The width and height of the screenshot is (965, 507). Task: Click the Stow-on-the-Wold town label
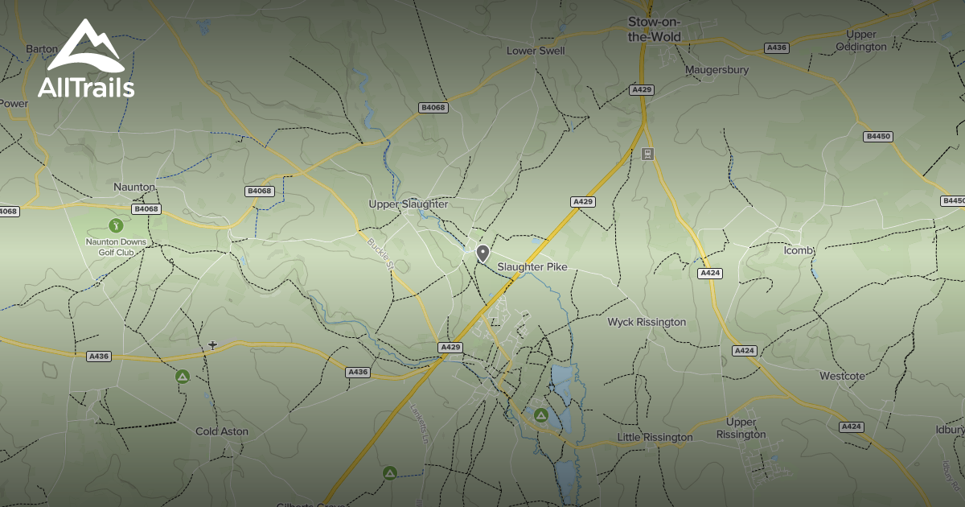point(654,31)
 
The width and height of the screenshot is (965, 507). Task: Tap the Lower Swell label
point(536,51)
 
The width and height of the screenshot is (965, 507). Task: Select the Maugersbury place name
point(717,70)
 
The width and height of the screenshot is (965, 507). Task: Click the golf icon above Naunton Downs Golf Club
point(115,226)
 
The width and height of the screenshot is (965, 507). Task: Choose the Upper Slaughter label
point(408,204)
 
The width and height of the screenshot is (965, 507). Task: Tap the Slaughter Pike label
point(532,266)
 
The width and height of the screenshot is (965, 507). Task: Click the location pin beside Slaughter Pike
point(482,253)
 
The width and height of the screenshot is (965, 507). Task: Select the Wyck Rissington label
point(647,322)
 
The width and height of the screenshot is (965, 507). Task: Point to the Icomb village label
point(799,250)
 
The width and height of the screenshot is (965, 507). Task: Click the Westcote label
point(842,376)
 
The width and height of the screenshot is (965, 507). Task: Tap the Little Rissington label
point(654,437)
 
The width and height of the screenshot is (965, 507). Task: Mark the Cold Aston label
point(222,431)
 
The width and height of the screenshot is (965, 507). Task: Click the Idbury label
point(950,430)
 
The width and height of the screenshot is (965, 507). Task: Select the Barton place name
point(42,49)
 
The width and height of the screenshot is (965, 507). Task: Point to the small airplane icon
point(212,345)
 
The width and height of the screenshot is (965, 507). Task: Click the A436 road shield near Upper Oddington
point(776,47)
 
